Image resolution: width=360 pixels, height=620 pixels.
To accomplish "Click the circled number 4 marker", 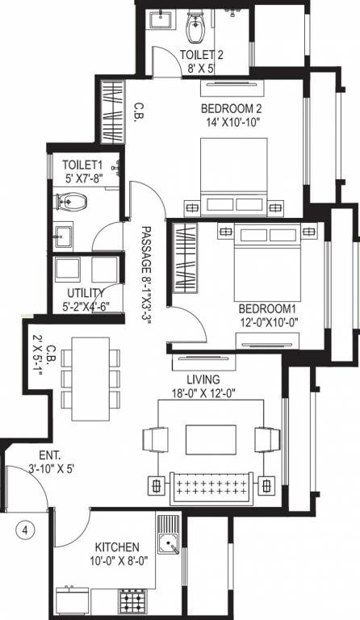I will pyautogui.click(x=26, y=530).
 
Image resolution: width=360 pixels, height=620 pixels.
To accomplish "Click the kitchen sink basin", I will pyautogui.click(x=171, y=547).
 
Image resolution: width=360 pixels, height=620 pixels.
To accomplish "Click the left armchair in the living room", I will pyautogui.click(x=153, y=440).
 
